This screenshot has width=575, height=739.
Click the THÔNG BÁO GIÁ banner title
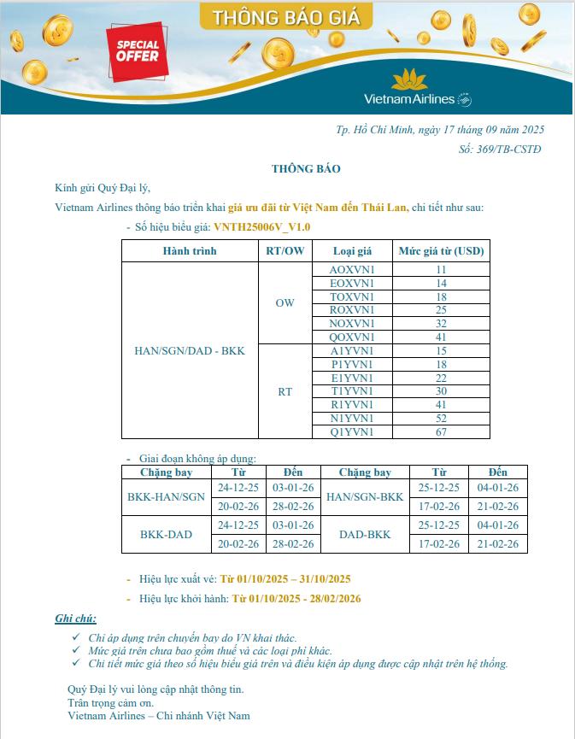286,17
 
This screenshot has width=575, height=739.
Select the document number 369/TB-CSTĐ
500,149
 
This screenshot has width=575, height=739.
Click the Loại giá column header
352,251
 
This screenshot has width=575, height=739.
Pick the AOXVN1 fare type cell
352,269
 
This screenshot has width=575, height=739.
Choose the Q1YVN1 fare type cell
352,432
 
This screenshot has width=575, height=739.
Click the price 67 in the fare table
441,432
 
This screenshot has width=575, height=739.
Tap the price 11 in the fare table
441,269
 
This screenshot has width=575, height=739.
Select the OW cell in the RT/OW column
285,303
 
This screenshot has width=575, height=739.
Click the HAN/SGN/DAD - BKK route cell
190,351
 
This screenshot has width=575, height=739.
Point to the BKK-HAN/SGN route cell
166,496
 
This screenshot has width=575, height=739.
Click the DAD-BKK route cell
365,535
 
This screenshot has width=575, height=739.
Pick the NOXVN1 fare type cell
352,324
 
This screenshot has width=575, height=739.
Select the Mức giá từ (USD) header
441,251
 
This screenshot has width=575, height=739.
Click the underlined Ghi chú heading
76,619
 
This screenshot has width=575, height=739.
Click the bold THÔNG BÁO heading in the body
306,168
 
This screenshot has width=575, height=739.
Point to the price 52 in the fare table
441,419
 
